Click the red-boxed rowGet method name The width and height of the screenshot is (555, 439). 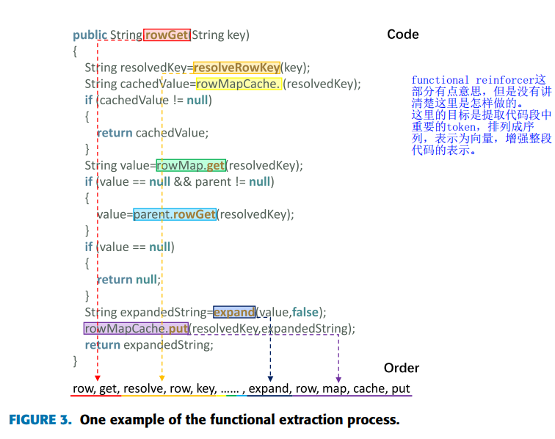point(167,35)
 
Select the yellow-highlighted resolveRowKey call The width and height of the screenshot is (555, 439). point(236,68)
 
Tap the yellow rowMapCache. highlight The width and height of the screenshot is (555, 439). point(238,84)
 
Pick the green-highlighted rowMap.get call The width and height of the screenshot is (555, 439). point(191,165)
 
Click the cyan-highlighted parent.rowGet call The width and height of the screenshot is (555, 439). point(175,214)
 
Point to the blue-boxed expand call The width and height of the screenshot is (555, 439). point(234,312)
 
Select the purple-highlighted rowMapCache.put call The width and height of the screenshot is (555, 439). point(137,328)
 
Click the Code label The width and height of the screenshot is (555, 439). point(403,35)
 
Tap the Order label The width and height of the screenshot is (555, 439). point(402,368)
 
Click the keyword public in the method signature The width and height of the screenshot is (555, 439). point(89,35)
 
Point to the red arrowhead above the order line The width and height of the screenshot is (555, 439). point(97,377)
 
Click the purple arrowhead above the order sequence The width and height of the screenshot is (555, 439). point(338,377)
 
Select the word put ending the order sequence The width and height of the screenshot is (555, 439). point(401,388)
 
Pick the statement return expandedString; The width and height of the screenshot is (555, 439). point(149,344)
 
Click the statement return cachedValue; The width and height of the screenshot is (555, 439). point(153,133)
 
